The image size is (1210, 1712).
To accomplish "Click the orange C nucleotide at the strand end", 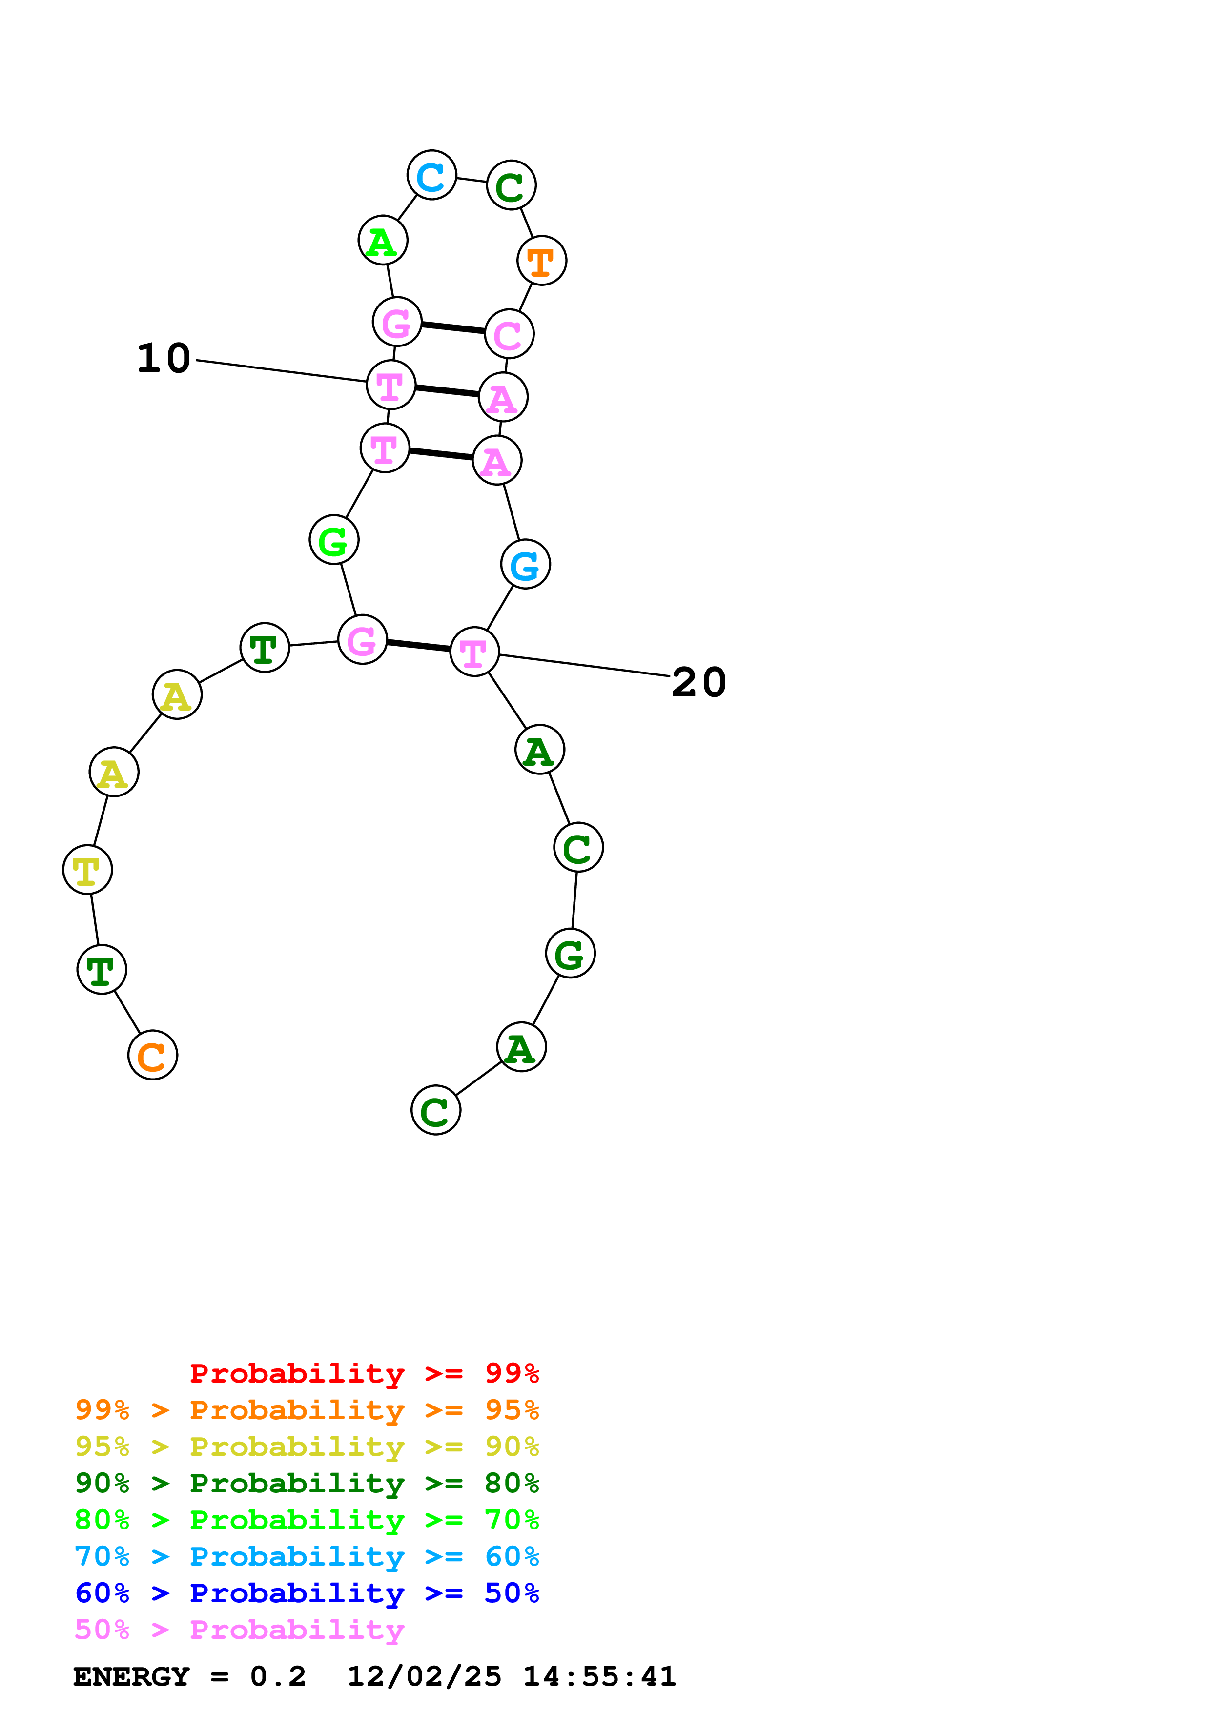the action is (152, 1055).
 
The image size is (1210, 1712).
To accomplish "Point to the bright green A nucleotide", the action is (383, 241).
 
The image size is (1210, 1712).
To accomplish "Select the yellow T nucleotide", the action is (87, 870).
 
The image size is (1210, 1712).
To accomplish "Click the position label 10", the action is (164, 359).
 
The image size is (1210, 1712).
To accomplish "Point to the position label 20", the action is (698, 682).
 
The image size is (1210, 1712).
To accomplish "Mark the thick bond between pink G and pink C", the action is (452, 327).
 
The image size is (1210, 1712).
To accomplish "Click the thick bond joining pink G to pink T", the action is (418, 646).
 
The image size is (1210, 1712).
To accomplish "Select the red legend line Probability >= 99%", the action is (364, 1373).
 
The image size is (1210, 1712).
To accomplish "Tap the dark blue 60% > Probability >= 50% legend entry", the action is (307, 1593).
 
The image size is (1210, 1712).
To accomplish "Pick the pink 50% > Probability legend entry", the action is (239, 1630).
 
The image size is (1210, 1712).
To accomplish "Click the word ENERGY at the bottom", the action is (131, 1676).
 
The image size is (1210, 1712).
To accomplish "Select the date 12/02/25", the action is (424, 1676).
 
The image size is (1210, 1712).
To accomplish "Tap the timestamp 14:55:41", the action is (599, 1676).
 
